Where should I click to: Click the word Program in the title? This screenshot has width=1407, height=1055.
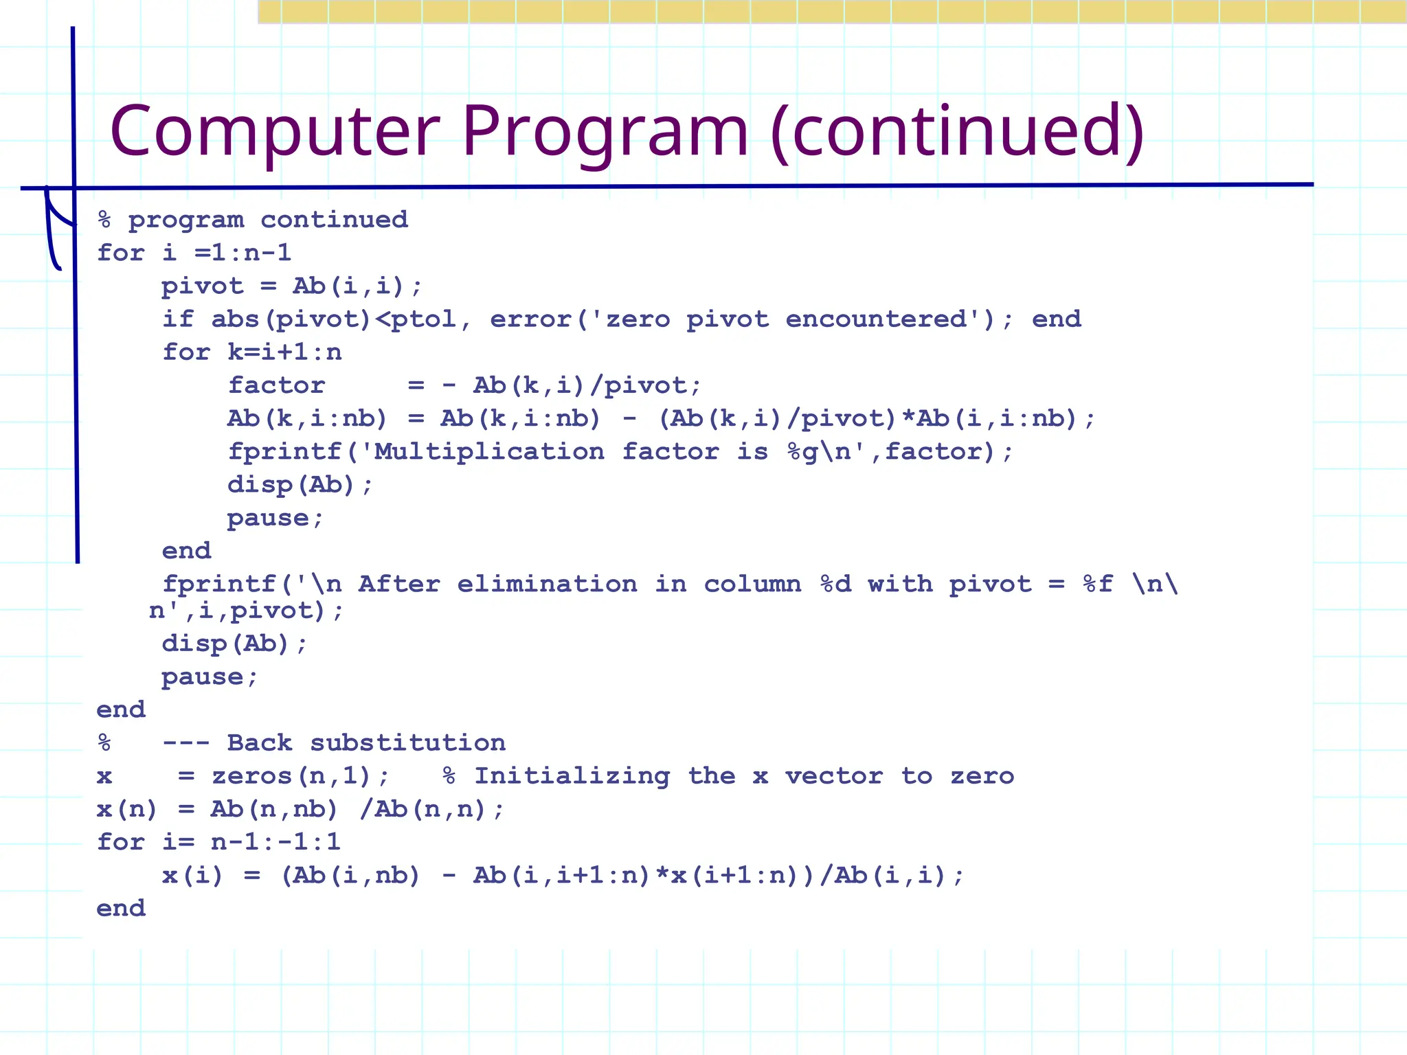click(x=605, y=132)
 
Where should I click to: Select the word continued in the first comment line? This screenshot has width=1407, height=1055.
click(x=334, y=220)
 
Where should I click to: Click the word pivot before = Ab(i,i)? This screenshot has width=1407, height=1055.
click(x=203, y=286)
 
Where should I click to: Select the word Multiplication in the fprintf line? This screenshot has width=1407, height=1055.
click(x=489, y=452)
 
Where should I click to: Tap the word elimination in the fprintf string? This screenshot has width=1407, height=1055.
click(x=547, y=584)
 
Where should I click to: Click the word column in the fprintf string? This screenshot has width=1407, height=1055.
click(x=752, y=584)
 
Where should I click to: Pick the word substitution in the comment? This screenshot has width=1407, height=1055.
click(x=407, y=743)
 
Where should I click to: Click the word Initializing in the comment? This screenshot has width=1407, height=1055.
click(x=572, y=776)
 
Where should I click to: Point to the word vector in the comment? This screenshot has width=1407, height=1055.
click(x=833, y=776)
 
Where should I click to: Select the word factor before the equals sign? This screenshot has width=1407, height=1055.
click(x=276, y=385)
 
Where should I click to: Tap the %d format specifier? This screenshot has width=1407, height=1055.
click(x=836, y=584)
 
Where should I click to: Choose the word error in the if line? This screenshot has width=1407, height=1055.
click(x=530, y=319)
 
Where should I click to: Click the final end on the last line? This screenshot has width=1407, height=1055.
click(x=121, y=909)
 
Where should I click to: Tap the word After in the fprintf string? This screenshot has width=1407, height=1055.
click(x=399, y=584)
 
